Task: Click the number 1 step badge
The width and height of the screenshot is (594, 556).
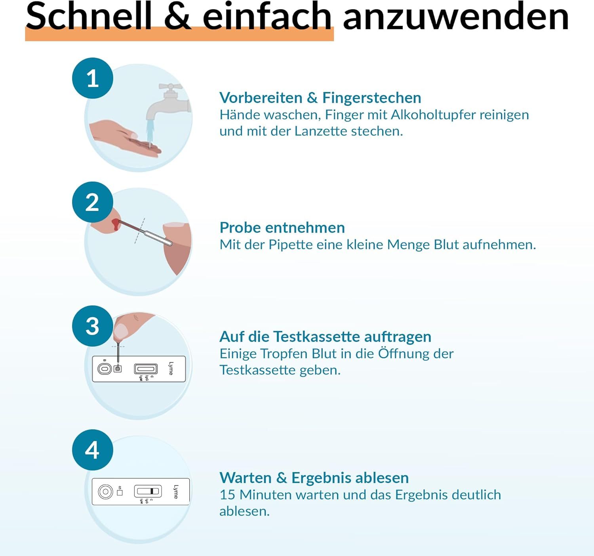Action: [92, 78]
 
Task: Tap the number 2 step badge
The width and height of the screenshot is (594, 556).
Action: [92, 202]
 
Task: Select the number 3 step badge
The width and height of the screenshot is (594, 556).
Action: [92, 326]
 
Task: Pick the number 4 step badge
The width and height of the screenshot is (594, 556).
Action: [92, 450]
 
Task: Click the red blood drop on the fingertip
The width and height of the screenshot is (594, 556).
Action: [115, 224]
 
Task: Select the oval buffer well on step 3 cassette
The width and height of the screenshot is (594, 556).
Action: [104, 369]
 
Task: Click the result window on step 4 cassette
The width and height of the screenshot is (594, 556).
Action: [148, 491]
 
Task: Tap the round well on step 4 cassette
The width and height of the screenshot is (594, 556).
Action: [105, 492]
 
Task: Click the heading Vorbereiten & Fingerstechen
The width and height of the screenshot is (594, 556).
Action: [320, 97]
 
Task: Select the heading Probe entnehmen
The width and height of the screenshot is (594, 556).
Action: [282, 227]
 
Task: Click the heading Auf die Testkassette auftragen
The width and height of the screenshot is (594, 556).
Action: [325, 336]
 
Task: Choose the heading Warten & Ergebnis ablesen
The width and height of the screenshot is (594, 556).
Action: [314, 478]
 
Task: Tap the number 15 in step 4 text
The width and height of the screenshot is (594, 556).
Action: [227, 495]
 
